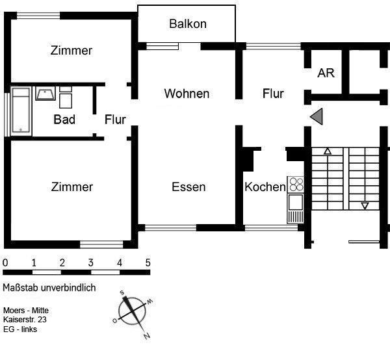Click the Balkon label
(x=187, y=24)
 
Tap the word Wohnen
(x=187, y=94)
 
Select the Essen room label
(x=188, y=187)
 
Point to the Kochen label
(x=265, y=187)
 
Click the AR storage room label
(x=326, y=73)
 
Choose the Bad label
(x=64, y=120)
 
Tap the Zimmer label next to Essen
(x=71, y=187)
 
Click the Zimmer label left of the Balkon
(x=71, y=51)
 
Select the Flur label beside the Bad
(x=115, y=120)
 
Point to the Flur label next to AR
(x=273, y=94)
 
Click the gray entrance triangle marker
(x=317, y=116)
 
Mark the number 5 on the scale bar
(x=148, y=263)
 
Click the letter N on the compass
(x=147, y=336)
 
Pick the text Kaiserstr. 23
(x=25, y=320)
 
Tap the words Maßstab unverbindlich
(x=49, y=288)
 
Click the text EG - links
(x=20, y=329)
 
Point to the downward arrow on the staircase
(x=365, y=206)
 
